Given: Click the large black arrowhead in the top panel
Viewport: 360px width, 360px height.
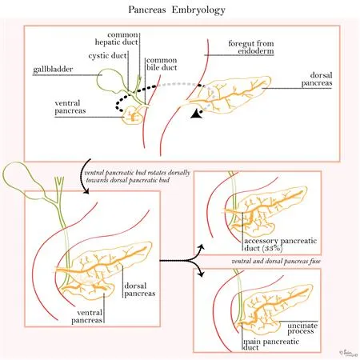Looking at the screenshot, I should coord(194,118).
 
